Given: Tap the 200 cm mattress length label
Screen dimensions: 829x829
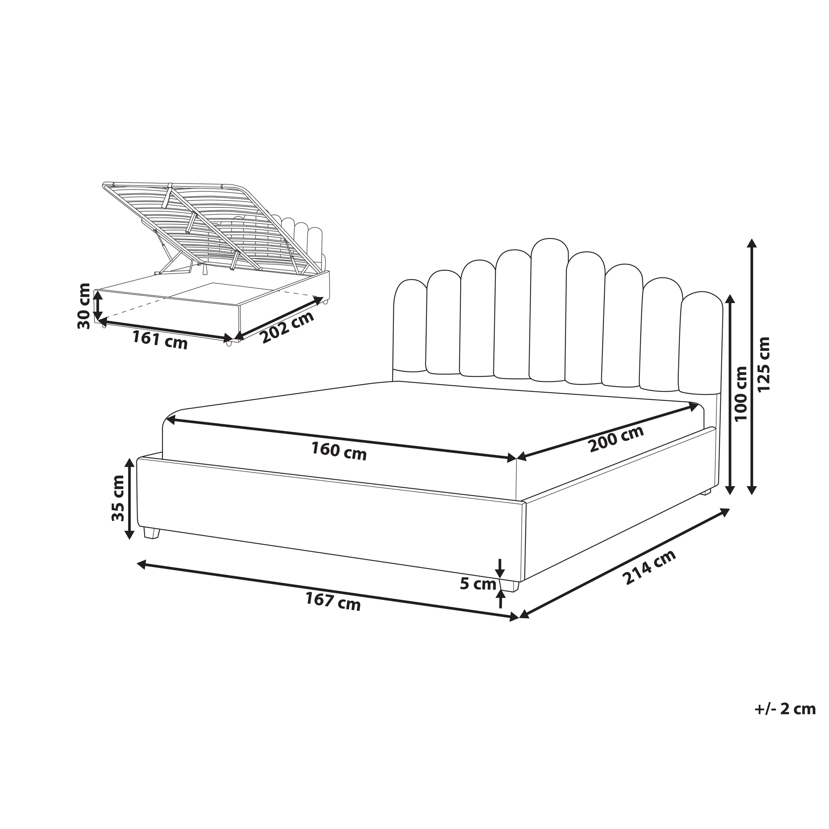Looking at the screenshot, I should pyautogui.click(x=616, y=439).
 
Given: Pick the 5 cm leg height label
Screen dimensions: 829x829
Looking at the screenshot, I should pyautogui.click(x=478, y=584).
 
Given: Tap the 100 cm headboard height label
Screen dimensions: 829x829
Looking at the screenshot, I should pyautogui.click(x=741, y=394).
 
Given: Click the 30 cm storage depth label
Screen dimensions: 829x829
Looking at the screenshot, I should pyautogui.click(x=84, y=306).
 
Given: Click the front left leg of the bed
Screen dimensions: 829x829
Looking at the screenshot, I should pyautogui.click(x=151, y=533).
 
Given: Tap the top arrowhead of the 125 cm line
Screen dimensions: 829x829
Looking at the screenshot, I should pyautogui.click(x=751, y=243).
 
